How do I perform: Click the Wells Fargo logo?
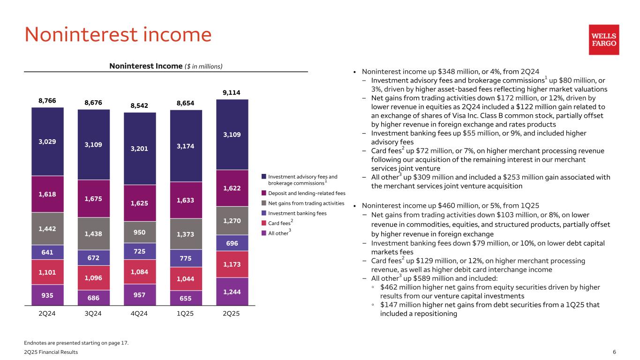pyautogui.click(x=603, y=40)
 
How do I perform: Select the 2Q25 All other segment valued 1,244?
pyautogui.click(x=232, y=291)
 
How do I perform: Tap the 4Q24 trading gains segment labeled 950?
pyautogui.click(x=140, y=232)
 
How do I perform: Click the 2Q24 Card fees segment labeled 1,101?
pyautogui.click(x=47, y=272)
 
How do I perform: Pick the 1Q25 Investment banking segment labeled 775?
pyautogui.click(x=186, y=258)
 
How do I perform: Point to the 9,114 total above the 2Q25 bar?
pyautogui.click(x=232, y=93)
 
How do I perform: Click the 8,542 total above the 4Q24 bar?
pyautogui.click(x=140, y=106)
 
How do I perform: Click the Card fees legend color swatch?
pyautogui.click(x=264, y=223)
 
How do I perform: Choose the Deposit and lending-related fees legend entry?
pyautogui.click(x=306, y=193)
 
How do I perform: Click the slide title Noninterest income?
pyautogui.click(x=118, y=35)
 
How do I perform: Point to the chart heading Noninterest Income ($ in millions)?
pyautogui.click(x=166, y=66)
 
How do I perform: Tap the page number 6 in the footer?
pyautogui.click(x=614, y=352)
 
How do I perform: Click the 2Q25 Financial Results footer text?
pyautogui.click(x=51, y=352)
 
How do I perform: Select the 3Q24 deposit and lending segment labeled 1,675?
pyautogui.click(x=93, y=198)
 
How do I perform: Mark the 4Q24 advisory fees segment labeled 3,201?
pyautogui.click(x=140, y=149)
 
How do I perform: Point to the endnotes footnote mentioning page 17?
pyautogui.click(x=76, y=343)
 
